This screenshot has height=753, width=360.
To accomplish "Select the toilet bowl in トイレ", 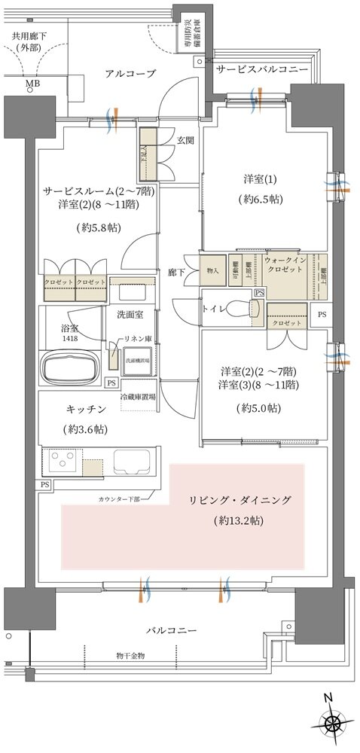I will tap(239, 309).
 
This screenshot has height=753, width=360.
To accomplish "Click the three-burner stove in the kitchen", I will tap(60, 460).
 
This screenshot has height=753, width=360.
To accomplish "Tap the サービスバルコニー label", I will tap(262, 69).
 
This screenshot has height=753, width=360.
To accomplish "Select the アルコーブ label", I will tap(130, 73).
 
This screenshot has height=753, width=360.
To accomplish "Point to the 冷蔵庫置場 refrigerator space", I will tap(137, 396).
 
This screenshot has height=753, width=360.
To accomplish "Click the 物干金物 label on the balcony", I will tap(131, 656).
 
